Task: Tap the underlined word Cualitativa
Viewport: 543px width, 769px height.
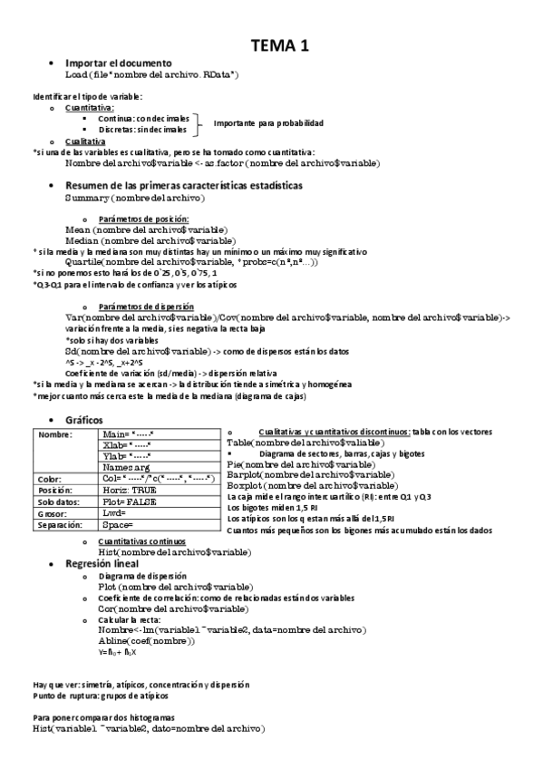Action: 91,141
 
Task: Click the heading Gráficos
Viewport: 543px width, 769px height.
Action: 85,420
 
